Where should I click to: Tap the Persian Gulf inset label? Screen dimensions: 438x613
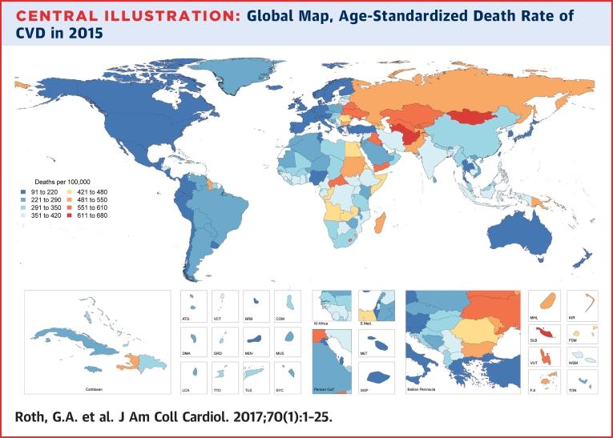[x=324, y=392]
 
